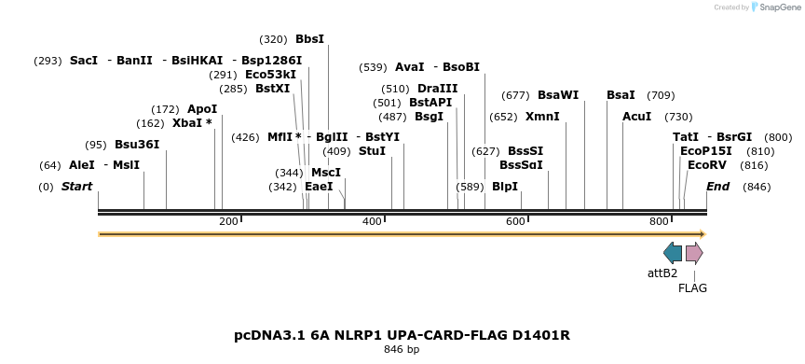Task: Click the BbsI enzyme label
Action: tap(309, 39)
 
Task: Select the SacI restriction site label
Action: tap(84, 60)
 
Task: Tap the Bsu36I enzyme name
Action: tap(137, 145)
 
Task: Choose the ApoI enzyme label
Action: tap(202, 109)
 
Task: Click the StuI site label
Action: tap(372, 151)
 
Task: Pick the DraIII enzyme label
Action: tap(438, 89)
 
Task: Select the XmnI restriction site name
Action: tap(542, 117)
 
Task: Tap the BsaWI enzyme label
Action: tap(558, 95)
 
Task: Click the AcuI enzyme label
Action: tap(637, 117)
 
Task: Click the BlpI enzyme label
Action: tap(504, 187)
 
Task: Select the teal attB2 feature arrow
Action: tap(673, 253)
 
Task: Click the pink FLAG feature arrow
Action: tap(694, 253)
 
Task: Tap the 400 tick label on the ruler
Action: tap(372, 221)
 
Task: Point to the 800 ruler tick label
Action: tap(660, 221)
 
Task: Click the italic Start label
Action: tap(76, 187)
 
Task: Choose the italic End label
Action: tap(717, 187)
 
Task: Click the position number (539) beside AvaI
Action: tap(373, 67)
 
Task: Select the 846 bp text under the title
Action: tap(402, 350)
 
